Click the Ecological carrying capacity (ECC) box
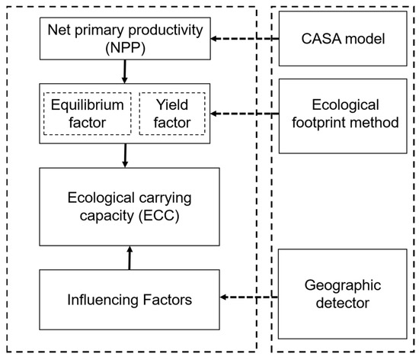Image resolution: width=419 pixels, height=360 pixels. point(126,207)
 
